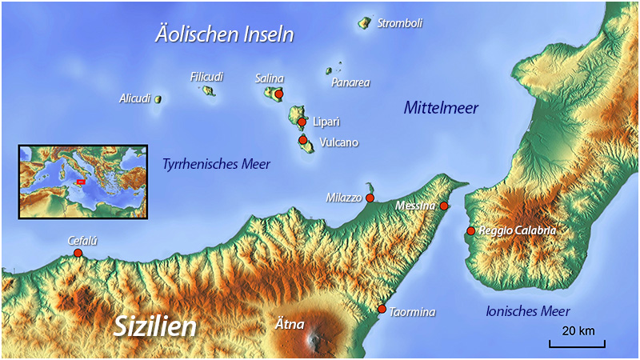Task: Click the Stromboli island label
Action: [x=399, y=23]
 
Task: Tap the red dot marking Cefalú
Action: [x=78, y=254]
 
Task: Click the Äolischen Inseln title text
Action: [x=224, y=35]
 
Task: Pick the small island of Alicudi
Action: [x=158, y=99]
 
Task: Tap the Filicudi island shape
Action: [x=208, y=91]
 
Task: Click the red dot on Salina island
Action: [x=278, y=94]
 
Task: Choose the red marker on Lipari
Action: [x=302, y=122]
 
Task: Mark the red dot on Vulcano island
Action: [x=303, y=140]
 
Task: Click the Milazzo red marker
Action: [x=370, y=197]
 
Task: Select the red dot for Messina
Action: [x=444, y=206]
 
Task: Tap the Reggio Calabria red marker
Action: [x=470, y=231]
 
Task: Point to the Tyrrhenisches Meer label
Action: [x=216, y=164]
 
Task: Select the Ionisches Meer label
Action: [x=528, y=312]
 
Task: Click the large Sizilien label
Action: [x=155, y=326]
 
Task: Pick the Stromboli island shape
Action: [x=365, y=22]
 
